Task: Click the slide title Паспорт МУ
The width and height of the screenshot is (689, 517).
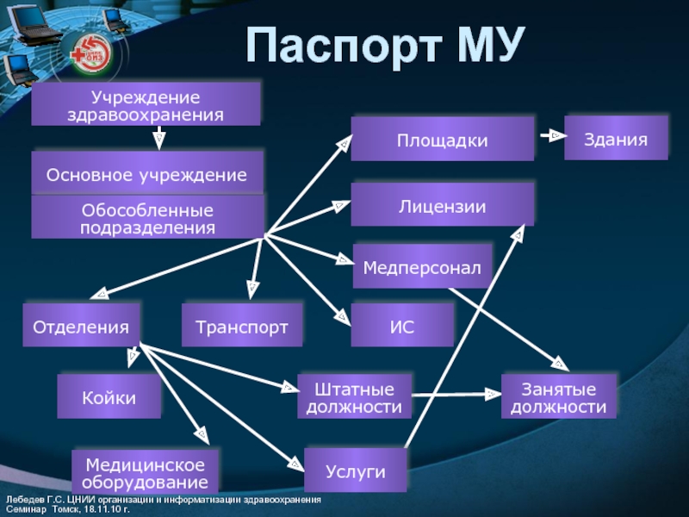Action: tap(385, 47)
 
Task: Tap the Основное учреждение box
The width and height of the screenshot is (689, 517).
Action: tap(146, 174)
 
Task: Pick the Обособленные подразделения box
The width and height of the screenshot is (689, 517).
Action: tap(147, 218)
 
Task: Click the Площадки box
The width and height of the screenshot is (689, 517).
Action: tap(442, 140)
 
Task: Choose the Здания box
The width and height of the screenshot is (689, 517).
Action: tap(616, 138)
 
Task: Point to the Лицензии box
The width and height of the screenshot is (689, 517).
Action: tap(442, 206)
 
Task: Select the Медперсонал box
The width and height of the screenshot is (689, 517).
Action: tap(422, 267)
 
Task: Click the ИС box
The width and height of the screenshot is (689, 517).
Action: tap(402, 326)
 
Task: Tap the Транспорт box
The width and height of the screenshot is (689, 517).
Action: tap(242, 327)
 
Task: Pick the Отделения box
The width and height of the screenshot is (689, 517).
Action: tap(81, 327)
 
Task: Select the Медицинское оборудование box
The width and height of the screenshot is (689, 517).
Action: tap(146, 473)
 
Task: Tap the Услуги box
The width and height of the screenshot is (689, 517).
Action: tap(355, 470)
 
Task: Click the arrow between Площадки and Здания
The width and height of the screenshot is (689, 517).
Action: tap(549, 136)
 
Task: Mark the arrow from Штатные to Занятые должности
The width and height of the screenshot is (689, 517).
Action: tap(456, 395)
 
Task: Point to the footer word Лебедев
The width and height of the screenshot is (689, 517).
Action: tap(21, 500)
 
